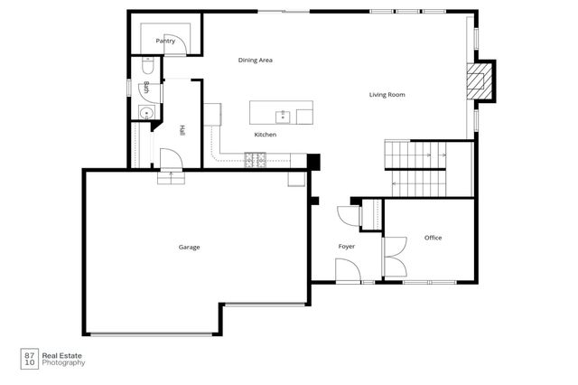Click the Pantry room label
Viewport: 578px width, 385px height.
[165, 41]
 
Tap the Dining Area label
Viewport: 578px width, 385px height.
[256, 61]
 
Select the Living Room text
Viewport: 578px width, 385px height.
[387, 94]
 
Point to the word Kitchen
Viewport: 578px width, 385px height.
[265, 135]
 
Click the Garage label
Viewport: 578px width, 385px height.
[189, 247]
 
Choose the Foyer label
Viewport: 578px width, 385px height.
[347, 246]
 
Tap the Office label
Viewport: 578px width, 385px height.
[433, 238]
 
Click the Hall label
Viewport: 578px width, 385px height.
[182, 130]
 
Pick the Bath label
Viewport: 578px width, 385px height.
[146, 88]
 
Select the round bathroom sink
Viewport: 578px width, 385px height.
[144, 113]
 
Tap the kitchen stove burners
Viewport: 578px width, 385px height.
[256, 161]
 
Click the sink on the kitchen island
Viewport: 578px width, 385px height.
[283, 115]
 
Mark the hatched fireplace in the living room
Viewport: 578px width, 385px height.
[476, 81]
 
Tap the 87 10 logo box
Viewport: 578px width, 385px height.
[30, 358]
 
